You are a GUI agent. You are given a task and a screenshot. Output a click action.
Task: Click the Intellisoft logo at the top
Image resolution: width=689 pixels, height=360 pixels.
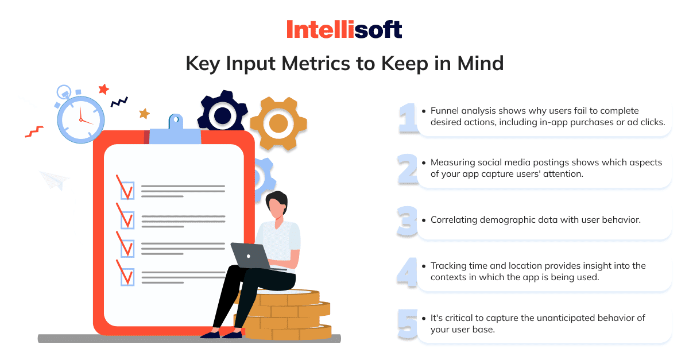pyautogui.click(x=344, y=29)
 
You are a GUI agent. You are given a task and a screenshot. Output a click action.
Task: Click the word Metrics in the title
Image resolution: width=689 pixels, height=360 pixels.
pyautogui.click(x=316, y=63)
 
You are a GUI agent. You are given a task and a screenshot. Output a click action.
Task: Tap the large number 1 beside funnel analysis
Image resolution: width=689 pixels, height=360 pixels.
pyautogui.click(x=408, y=118)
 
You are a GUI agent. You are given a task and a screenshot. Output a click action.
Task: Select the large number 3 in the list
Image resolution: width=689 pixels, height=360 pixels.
pyautogui.click(x=407, y=222)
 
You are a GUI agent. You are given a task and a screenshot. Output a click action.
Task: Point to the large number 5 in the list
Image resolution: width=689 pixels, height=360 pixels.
pyautogui.click(x=408, y=324)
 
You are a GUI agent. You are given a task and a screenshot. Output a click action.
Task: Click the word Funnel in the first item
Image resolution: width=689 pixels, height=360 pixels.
pyautogui.click(x=444, y=111)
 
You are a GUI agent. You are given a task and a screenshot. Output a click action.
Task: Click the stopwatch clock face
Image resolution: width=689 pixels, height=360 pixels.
pyautogui.click(x=81, y=119)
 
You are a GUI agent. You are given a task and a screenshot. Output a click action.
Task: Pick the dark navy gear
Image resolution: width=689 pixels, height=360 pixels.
pyautogui.click(x=222, y=113)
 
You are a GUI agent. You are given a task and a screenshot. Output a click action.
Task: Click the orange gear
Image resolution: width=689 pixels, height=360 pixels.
pyautogui.click(x=278, y=123)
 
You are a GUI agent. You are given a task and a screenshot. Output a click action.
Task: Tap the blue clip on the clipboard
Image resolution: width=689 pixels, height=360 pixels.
pyautogui.click(x=175, y=131)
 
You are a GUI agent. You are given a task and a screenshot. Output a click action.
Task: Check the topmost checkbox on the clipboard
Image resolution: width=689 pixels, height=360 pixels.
pyautogui.click(x=127, y=191)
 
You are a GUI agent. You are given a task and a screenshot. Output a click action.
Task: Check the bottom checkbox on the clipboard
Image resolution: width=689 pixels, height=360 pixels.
pyautogui.click(x=127, y=277)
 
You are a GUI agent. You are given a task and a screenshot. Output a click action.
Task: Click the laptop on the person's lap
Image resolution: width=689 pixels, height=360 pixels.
pyautogui.click(x=251, y=256)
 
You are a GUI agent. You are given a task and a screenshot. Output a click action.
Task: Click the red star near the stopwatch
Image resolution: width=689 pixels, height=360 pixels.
pyautogui.click(x=104, y=89)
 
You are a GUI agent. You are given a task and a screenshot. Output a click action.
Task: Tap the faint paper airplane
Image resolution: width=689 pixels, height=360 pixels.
pyautogui.click(x=55, y=180)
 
